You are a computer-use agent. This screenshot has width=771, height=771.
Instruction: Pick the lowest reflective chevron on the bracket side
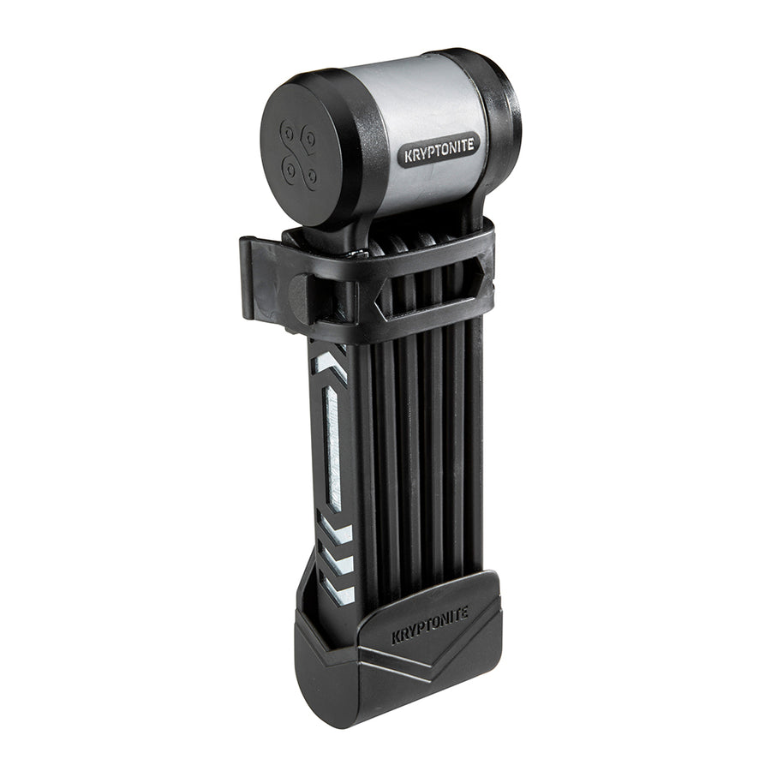(339, 591)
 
